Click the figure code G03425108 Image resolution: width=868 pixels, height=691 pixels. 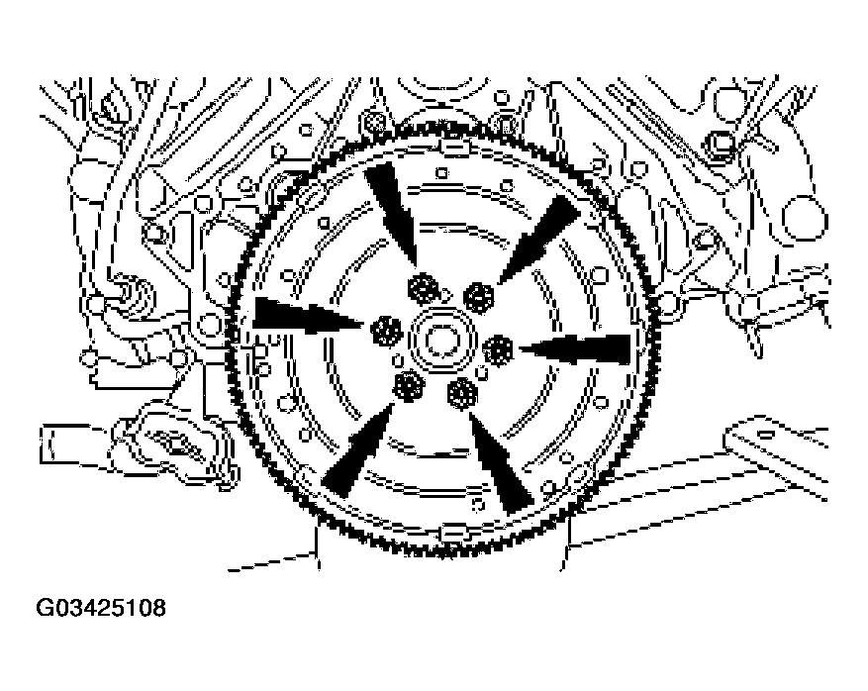coord(101,608)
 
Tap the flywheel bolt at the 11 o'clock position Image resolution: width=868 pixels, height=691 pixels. coord(424,288)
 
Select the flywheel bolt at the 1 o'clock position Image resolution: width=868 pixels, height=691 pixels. coord(478,297)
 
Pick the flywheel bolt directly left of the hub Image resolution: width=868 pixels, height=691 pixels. coord(386,331)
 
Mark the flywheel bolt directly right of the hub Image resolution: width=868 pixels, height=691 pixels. coord(498,349)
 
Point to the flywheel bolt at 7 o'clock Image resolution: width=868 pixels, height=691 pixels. coord(409,385)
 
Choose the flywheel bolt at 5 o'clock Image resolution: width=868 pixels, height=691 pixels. coord(461,394)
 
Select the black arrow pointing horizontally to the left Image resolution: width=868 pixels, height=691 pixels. coord(575,349)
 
